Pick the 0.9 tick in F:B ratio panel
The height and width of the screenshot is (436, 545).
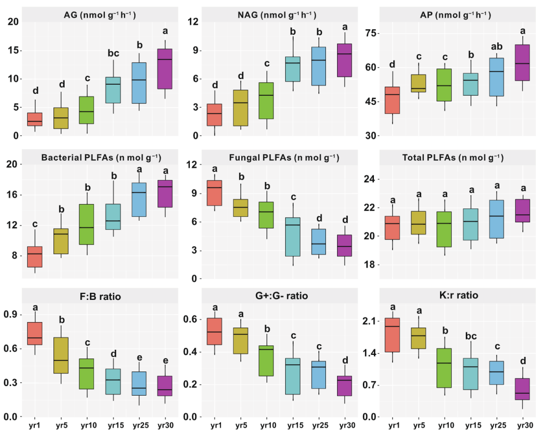[11, 315]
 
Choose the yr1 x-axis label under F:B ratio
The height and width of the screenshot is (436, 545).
[35, 426]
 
